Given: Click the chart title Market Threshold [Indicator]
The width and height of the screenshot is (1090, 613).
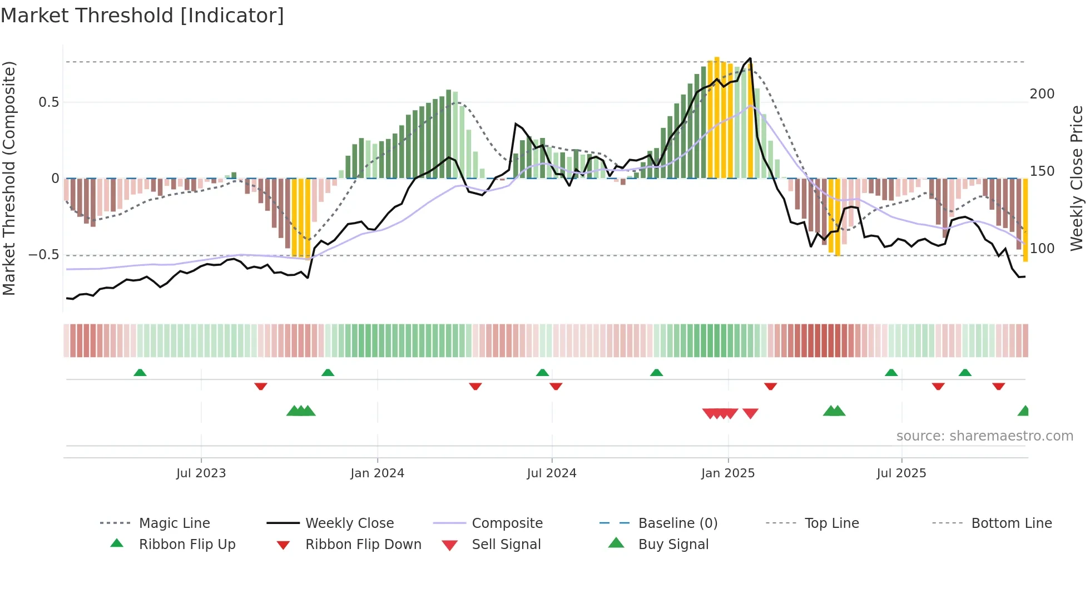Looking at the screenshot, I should point(142,16).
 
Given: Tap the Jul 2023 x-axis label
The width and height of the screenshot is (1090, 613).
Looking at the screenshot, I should point(201,473).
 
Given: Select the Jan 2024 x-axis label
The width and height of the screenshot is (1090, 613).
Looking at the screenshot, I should point(377,473).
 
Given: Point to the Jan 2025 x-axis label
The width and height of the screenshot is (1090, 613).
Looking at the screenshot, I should point(728,473).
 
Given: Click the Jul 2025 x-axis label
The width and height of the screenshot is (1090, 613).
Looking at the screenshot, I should point(901,473).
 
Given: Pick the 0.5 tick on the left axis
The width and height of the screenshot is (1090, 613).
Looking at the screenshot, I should point(48,102).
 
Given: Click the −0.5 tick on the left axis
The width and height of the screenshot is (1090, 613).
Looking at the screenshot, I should point(43,255).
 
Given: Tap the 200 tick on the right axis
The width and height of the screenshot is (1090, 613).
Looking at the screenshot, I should point(1042,94).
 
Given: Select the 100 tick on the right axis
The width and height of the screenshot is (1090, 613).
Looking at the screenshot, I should point(1042,249).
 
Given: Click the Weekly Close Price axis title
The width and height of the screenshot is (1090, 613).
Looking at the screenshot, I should point(1077,178).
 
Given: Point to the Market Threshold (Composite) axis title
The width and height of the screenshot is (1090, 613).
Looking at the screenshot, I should point(9,178).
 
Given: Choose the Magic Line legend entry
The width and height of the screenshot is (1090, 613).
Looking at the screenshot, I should point(174,523).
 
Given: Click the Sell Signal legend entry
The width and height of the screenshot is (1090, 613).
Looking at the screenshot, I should point(506,545).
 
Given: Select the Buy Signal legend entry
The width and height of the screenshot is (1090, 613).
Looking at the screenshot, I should point(673,545).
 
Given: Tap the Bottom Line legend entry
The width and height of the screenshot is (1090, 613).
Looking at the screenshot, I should point(1011,523).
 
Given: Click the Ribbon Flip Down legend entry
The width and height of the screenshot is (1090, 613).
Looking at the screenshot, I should point(363,545).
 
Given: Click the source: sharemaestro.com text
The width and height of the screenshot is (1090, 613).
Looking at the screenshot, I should point(984,436).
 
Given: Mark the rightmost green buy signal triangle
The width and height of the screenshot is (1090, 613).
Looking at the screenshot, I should point(1024,411).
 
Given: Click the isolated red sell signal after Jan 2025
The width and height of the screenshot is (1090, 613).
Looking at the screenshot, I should point(750,413).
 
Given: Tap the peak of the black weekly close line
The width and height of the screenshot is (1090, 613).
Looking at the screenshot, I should point(750,58).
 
